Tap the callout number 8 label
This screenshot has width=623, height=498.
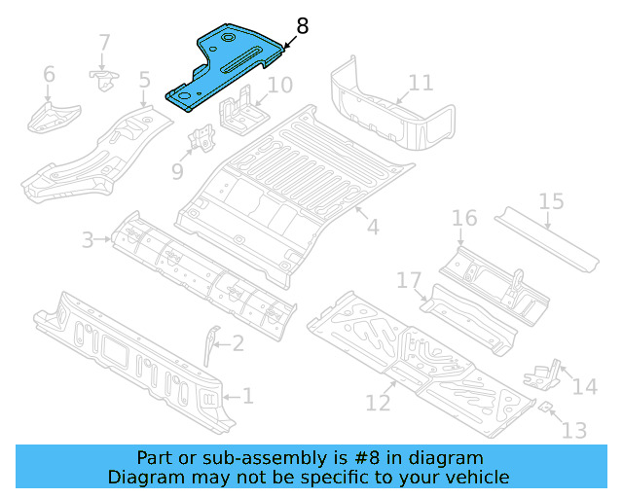click(x=303, y=26)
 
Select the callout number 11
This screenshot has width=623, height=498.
click(x=421, y=83)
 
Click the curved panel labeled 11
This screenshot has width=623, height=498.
click(x=389, y=112)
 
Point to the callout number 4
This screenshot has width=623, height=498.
click(x=372, y=228)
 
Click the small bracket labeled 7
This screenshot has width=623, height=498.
click(x=101, y=78)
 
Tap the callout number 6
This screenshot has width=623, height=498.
click(x=49, y=75)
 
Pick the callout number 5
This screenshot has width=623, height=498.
click(x=144, y=80)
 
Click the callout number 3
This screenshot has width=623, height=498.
click(x=87, y=238)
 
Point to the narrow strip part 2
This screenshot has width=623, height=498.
click(x=211, y=346)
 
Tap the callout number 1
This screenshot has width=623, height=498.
click(x=247, y=396)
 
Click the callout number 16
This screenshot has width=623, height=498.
click(x=463, y=217)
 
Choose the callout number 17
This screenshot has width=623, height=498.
click(x=409, y=281)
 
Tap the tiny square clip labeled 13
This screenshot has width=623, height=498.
click(x=547, y=406)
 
